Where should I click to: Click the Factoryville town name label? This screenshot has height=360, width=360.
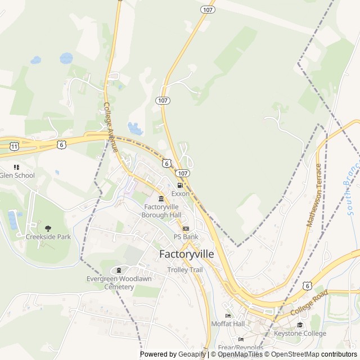point(187,254)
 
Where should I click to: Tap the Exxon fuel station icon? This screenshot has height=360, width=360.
point(180,185)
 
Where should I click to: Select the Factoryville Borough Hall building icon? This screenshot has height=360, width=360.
point(161,199)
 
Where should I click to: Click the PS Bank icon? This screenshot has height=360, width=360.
point(186,228)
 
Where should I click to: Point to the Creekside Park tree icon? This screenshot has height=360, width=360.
point(48,228)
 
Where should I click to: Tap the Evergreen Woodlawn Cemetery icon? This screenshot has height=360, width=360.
point(119,271)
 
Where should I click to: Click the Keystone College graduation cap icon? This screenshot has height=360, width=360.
point(300,325)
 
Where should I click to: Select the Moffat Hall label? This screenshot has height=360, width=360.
point(228,324)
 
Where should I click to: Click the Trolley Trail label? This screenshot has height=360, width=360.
point(184,269)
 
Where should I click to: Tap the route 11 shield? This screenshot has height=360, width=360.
point(13,146)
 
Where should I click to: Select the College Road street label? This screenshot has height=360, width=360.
point(309,303)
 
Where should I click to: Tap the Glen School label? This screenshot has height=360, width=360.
point(17,175)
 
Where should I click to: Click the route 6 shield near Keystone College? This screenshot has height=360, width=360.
point(307,286)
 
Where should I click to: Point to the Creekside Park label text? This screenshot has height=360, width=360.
point(48,237)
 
